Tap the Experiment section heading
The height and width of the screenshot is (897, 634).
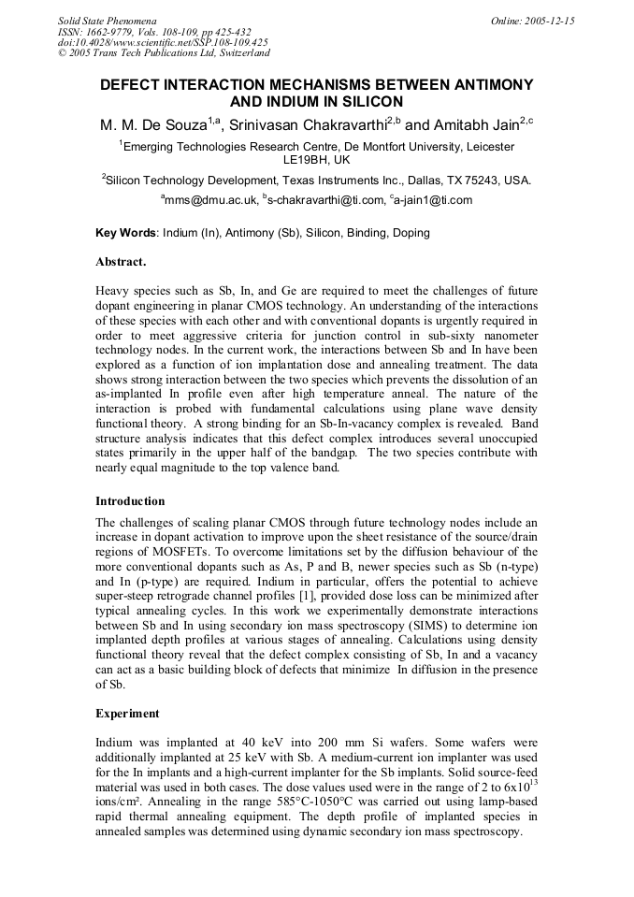coord(128,714)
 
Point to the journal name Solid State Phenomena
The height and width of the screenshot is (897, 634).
coord(107,20)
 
